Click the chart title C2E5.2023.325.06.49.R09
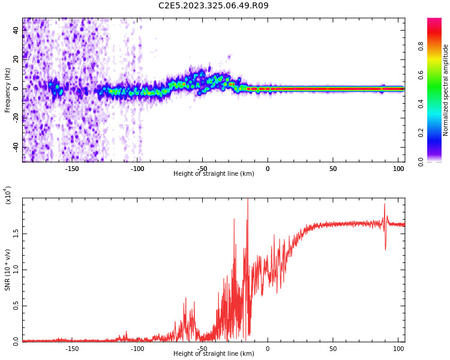214,5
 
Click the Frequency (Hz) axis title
8,90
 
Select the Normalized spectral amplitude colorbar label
446,90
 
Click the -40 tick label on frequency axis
16,146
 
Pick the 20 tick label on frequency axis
16,59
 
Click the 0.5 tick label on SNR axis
16,305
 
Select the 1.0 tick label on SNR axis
16,269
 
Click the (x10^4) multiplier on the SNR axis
8,196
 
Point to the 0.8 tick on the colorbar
437,46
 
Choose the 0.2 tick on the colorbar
437,133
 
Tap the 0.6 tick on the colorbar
437,75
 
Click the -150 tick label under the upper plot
72,168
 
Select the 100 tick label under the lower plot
398,348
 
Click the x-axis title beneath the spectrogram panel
214,174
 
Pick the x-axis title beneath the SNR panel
214,354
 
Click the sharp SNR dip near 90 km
385,249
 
